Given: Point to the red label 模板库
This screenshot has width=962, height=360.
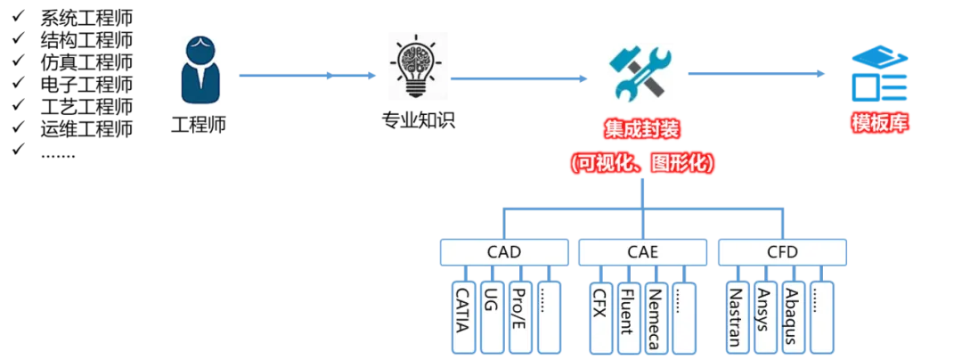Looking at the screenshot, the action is pyautogui.click(x=879, y=123).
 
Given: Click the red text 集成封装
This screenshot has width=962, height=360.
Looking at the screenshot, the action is pyautogui.click(x=641, y=129).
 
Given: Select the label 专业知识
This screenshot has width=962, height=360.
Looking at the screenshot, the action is pyautogui.click(x=418, y=119).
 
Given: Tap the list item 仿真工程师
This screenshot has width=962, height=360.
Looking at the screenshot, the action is pyautogui.click(x=86, y=62).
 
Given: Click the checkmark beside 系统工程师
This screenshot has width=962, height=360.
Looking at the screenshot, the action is pyautogui.click(x=19, y=14).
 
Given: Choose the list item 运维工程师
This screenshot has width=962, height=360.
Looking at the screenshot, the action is pyautogui.click(x=86, y=128).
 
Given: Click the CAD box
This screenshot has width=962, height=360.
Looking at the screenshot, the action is pyautogui.click(x=503, y=251).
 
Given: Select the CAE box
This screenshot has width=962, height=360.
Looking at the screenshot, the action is pyautogui.click(x=642, y=251).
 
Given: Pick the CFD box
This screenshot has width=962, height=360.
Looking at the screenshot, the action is pyautogui.click(x=782, y=251).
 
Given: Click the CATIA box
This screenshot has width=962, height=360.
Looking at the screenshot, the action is pyautogui.click(x=463, y=317).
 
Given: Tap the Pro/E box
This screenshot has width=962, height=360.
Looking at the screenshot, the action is pyautogui.click(x=518, y=317).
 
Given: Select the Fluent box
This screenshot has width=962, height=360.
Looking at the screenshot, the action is pyautogui.click(x=628, y=317).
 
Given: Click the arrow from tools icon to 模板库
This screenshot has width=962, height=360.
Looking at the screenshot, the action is pyautogui.click(x=756, y=74).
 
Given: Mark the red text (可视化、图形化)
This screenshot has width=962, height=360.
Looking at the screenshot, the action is pyautogui.click(x=641, y=163).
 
